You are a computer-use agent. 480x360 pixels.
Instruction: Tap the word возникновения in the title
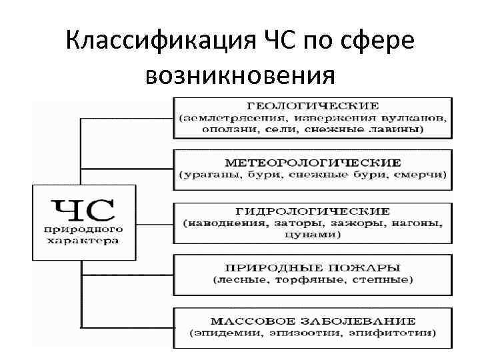click(239, 76)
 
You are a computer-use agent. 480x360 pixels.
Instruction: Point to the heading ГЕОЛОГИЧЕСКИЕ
click(313, 105)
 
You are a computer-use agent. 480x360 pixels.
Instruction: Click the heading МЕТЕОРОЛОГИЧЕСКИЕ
click(313, 162)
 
